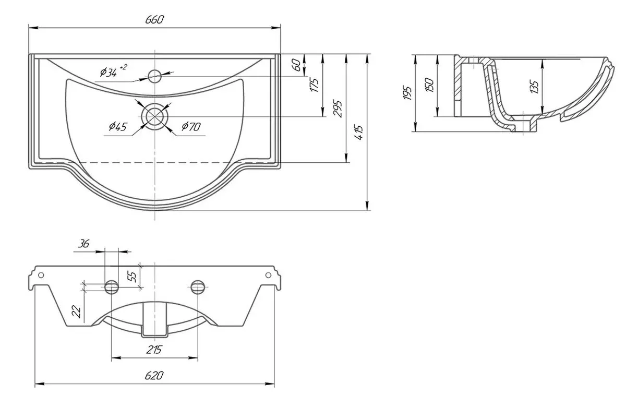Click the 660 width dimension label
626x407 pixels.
pyautogui.click(x=154, y=20)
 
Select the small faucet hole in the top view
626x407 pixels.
pyautogui.click(x=154, y=76)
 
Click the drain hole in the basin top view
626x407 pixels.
pyautogui.click(x=154, y=116)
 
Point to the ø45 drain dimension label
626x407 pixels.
pyautogui.click(x=118, y=127)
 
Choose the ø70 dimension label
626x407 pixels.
pyautogui.click(x=191, y=127)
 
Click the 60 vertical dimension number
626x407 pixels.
pyautogui.click(x=297, y=65)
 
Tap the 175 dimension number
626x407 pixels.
pyautogui.click(x=314, y=85)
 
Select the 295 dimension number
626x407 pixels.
pyautogui.click(x=338, y=109)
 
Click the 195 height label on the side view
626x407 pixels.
pyautogui.click(x=407, y=93)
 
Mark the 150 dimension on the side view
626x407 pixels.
pyautogui.click(x=429, y=85)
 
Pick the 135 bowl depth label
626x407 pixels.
pyautogui.click(x=534, y=87)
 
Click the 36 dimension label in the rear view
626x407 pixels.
pyautogui.click(x=83, y=244)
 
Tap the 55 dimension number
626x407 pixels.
pyautogui.click(x=132, y=277)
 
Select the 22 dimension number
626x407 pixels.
pyautogui.click(x=76, y=312)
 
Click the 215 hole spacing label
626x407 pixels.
pyautogui.click(x=154, y=350)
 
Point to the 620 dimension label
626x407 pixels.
pyautogui.click(x=154, y=375)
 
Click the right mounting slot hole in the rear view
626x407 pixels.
pyautogui.click(x=198, y=287)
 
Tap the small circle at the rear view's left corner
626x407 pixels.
pyautogui.click(x=41, y=275)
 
